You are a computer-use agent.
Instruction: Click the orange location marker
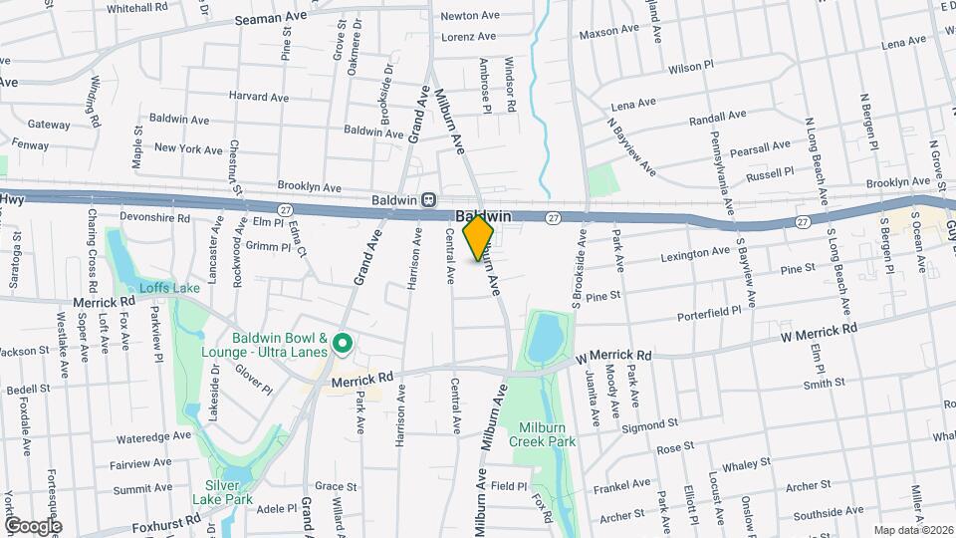point(479,237)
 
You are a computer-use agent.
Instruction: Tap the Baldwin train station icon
point(428,198)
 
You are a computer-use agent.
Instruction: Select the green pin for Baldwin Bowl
point(344,345)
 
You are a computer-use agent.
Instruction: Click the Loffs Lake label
point(169,288)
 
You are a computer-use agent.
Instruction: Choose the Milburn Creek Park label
point(543,432)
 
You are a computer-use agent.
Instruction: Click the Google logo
point(33,525)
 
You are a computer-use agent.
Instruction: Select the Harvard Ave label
point(258,97)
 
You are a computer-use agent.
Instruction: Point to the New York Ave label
point(188,148)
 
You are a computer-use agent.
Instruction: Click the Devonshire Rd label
point(154,217)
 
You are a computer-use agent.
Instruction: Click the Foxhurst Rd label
point(166,519)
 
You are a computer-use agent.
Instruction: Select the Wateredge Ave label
point(152,436)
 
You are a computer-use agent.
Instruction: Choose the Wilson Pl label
point(692,69)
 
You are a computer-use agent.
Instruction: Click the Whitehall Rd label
point(137,7)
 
